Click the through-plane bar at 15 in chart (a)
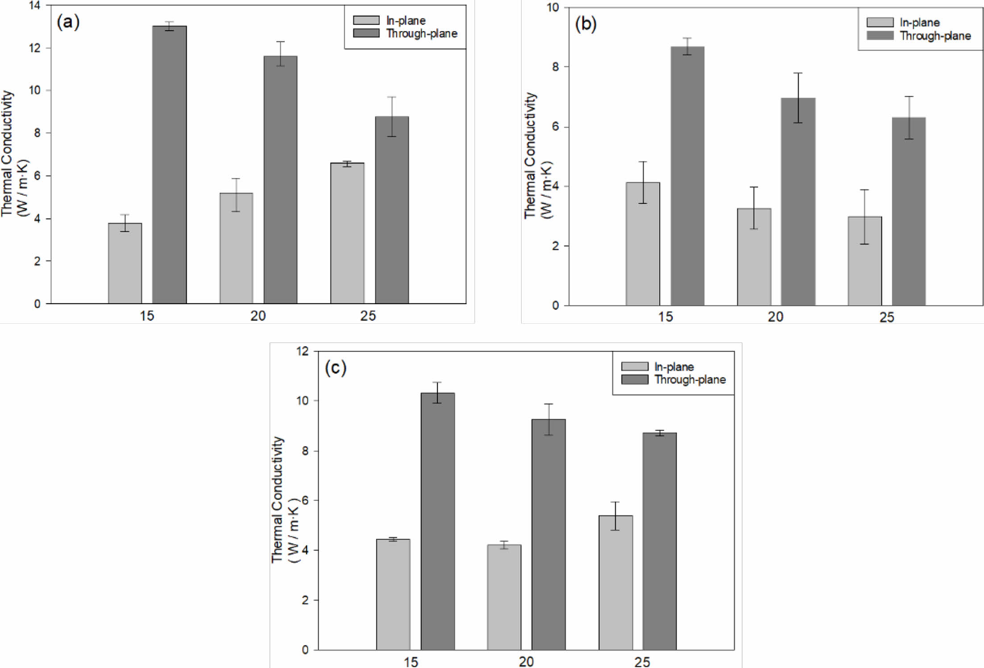(x=170, y=165)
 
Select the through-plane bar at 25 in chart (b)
(x=909, y=211)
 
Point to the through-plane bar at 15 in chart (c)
(x=438, y=521)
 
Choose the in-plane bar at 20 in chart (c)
(x=504, y=597)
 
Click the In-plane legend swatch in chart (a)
(x=366, y=21)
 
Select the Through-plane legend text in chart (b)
(x=935, y=36)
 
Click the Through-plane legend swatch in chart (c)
(x=635, y=379)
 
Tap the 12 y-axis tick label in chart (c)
(x=302, y=351)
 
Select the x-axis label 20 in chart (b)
(x=775, y=317)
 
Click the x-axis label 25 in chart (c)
(x=642, y=662)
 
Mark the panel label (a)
(x=68, y=21)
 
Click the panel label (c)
(x=336, y=368)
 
